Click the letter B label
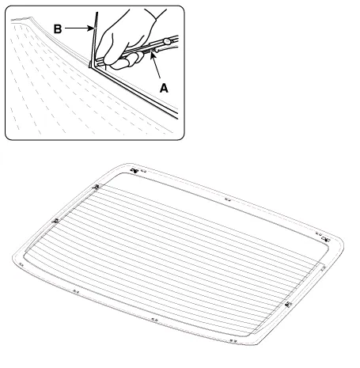tap(58, 28)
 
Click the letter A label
tap(164, 88)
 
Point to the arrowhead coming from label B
tap(91, 28)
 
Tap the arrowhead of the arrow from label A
tap(152, 55)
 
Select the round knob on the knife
tap(167, 41)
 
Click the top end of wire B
tap(97, 13)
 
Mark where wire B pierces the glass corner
tap(90, 66)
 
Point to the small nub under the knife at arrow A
tap(157, 50)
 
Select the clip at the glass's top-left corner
tap(135, 171)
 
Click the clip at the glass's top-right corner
tap(326, 239)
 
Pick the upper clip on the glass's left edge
tap(97, 187)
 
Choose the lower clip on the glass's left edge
tap(55, 220)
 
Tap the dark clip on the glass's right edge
tap(289, 304)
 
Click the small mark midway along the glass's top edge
tap(228, 199)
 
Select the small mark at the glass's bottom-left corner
tap(21, 264)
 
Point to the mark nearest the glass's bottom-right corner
tap(233, 341)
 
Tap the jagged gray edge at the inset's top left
tap(22, 19)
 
